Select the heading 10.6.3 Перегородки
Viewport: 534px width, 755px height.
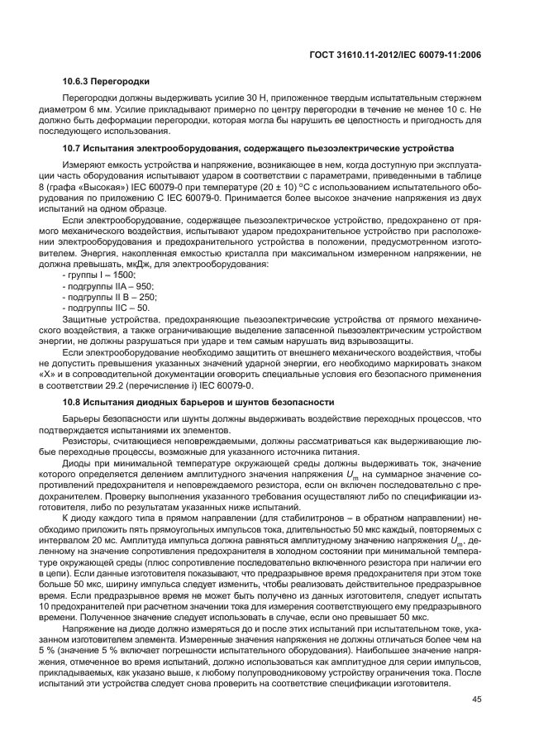pyautogui.click(x=106, y=81)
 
